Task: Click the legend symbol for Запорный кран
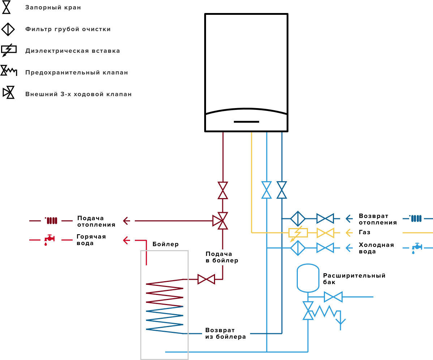point(7,8)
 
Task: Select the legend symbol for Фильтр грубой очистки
point(8,29)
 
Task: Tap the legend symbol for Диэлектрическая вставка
point(9,50)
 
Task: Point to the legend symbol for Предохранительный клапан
point(9,71)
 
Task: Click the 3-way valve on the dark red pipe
point(220,221)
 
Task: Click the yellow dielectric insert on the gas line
point(298,233)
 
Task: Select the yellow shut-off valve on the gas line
point(325,233)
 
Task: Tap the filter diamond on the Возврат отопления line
point(298,219)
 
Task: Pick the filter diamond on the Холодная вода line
point(298,248)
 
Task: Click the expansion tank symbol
point(308,278)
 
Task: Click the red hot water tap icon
point(50,240)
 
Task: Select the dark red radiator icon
point(51,220)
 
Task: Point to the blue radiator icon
point(416,218)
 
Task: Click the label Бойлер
point(166,244)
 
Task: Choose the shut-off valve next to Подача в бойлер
point(206,279)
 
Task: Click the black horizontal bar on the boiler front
point(246,122)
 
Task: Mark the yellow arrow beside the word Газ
point(349,233)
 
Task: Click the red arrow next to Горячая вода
point(127,240)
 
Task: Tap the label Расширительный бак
point(354,279)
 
